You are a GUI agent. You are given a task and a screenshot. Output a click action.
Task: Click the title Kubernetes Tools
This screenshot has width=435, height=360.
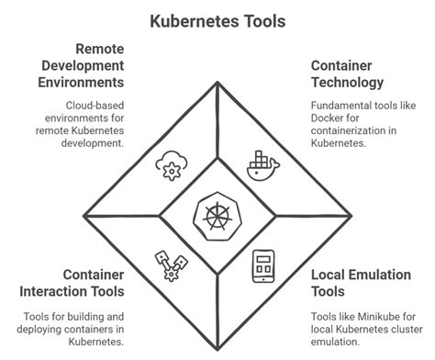pos(217,19)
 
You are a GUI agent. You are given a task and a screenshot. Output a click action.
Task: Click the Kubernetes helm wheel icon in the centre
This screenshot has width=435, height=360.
pos(217,218)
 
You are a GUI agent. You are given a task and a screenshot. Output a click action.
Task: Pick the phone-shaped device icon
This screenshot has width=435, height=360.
pos(264,267)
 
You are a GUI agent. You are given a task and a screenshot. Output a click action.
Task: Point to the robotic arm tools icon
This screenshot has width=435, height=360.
pos(171,267)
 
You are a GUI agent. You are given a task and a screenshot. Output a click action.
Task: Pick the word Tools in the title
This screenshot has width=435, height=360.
pos(261,19)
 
